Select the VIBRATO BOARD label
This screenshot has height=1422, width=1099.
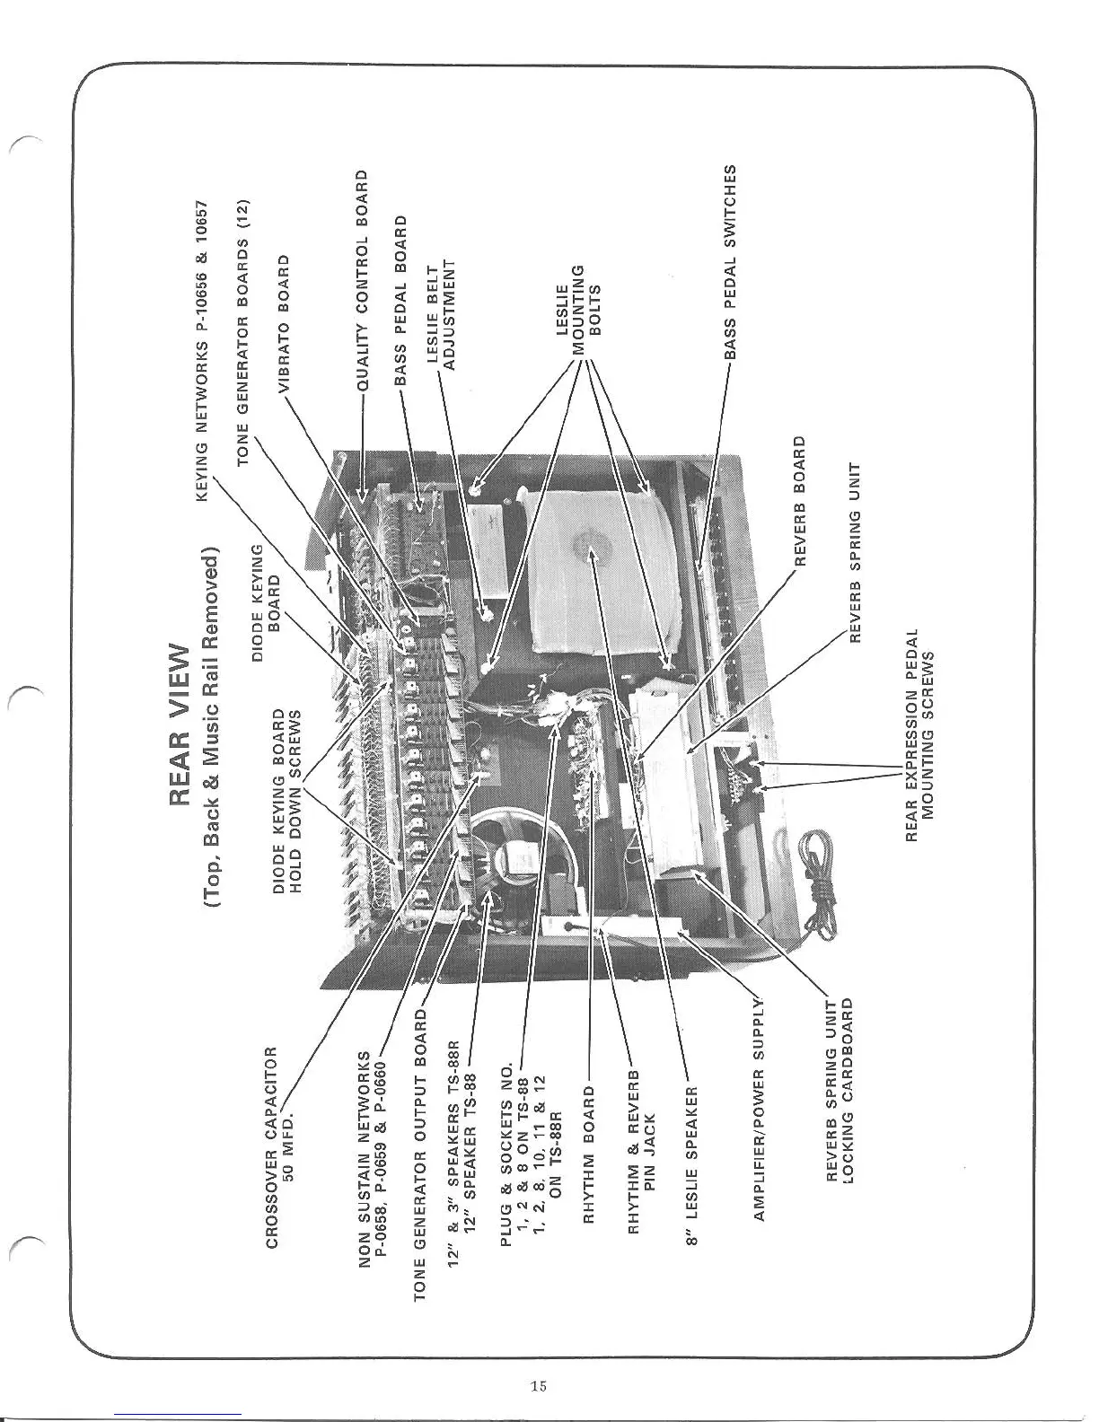tap(285, 322)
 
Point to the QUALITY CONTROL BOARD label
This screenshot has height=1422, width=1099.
tap(363, 279)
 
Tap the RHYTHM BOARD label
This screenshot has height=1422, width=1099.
tap(590, 1153)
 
